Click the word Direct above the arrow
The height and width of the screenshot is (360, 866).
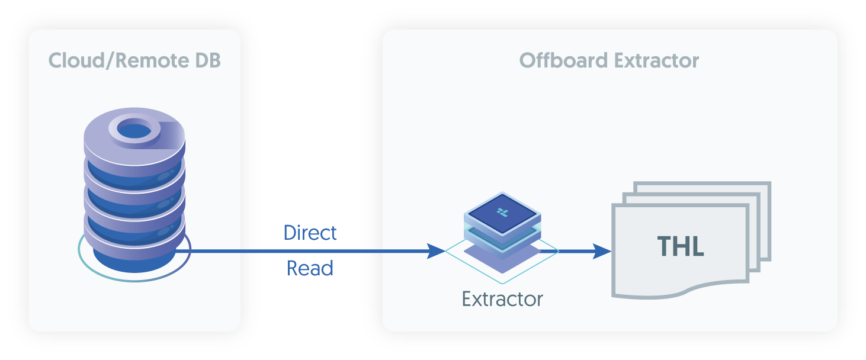310,233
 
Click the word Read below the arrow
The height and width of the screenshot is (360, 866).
310,268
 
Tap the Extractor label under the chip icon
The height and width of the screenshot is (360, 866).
502,299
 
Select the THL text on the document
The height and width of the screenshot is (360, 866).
681,246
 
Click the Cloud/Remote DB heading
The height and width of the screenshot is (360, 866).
134,60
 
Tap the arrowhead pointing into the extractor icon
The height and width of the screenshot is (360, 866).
437,251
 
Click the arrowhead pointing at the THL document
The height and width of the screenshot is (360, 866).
603,251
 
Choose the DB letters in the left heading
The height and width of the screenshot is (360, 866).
207,60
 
